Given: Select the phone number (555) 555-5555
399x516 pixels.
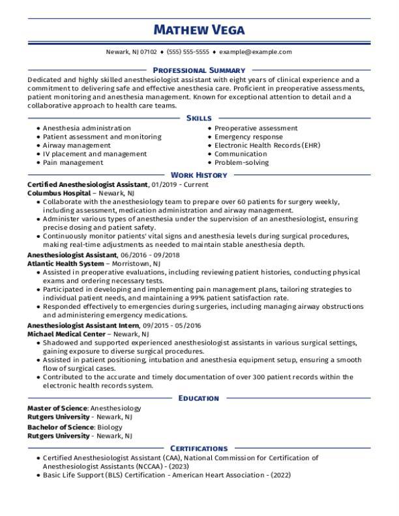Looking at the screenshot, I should (188, 52).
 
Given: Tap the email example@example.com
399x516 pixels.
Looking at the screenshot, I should (256, 52).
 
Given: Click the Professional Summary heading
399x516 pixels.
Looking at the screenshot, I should (199, 70).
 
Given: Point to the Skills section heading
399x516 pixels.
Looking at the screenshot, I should (199, 119).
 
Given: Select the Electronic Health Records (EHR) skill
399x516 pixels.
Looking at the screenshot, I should (267, 146).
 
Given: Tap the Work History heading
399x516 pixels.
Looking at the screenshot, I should (199, 175).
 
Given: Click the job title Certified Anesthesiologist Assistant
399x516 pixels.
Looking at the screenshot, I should (88, 185).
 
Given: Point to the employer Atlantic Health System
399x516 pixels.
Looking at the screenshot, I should (65, 263).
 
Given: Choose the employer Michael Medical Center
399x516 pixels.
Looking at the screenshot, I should (66, 333).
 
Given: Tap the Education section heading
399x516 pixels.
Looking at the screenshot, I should (199, 398).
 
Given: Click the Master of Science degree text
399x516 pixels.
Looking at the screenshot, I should (57, 408).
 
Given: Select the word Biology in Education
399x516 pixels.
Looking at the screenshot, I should (110, 427).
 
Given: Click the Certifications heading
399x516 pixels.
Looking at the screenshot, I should (199, 448).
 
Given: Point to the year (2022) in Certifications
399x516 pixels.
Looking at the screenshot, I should (280, 476).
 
